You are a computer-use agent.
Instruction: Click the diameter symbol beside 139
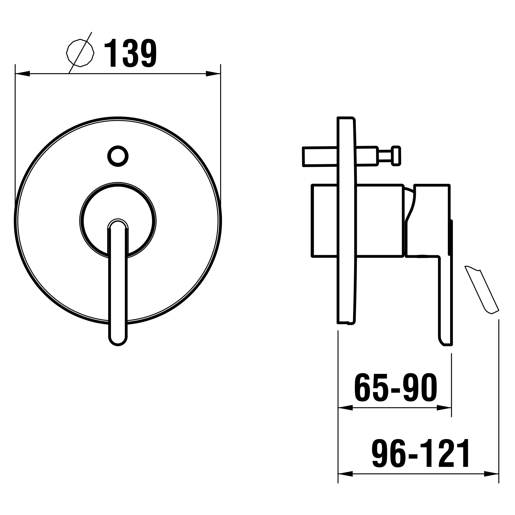coord(80,53)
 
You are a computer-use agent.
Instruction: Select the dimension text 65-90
coord(396,388)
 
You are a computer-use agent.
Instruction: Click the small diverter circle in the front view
coord(118,156)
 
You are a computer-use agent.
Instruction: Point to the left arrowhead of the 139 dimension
coord(23,73)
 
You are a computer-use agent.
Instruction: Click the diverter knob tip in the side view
coord(396,156)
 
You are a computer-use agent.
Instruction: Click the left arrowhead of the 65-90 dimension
coord(345,408)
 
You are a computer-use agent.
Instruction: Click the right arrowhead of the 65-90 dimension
coord(444,408)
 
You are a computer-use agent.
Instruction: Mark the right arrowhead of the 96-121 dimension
coord(491,474)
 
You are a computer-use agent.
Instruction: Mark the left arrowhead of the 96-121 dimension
coord(345,474)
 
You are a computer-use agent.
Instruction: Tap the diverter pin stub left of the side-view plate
coord(320,157)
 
